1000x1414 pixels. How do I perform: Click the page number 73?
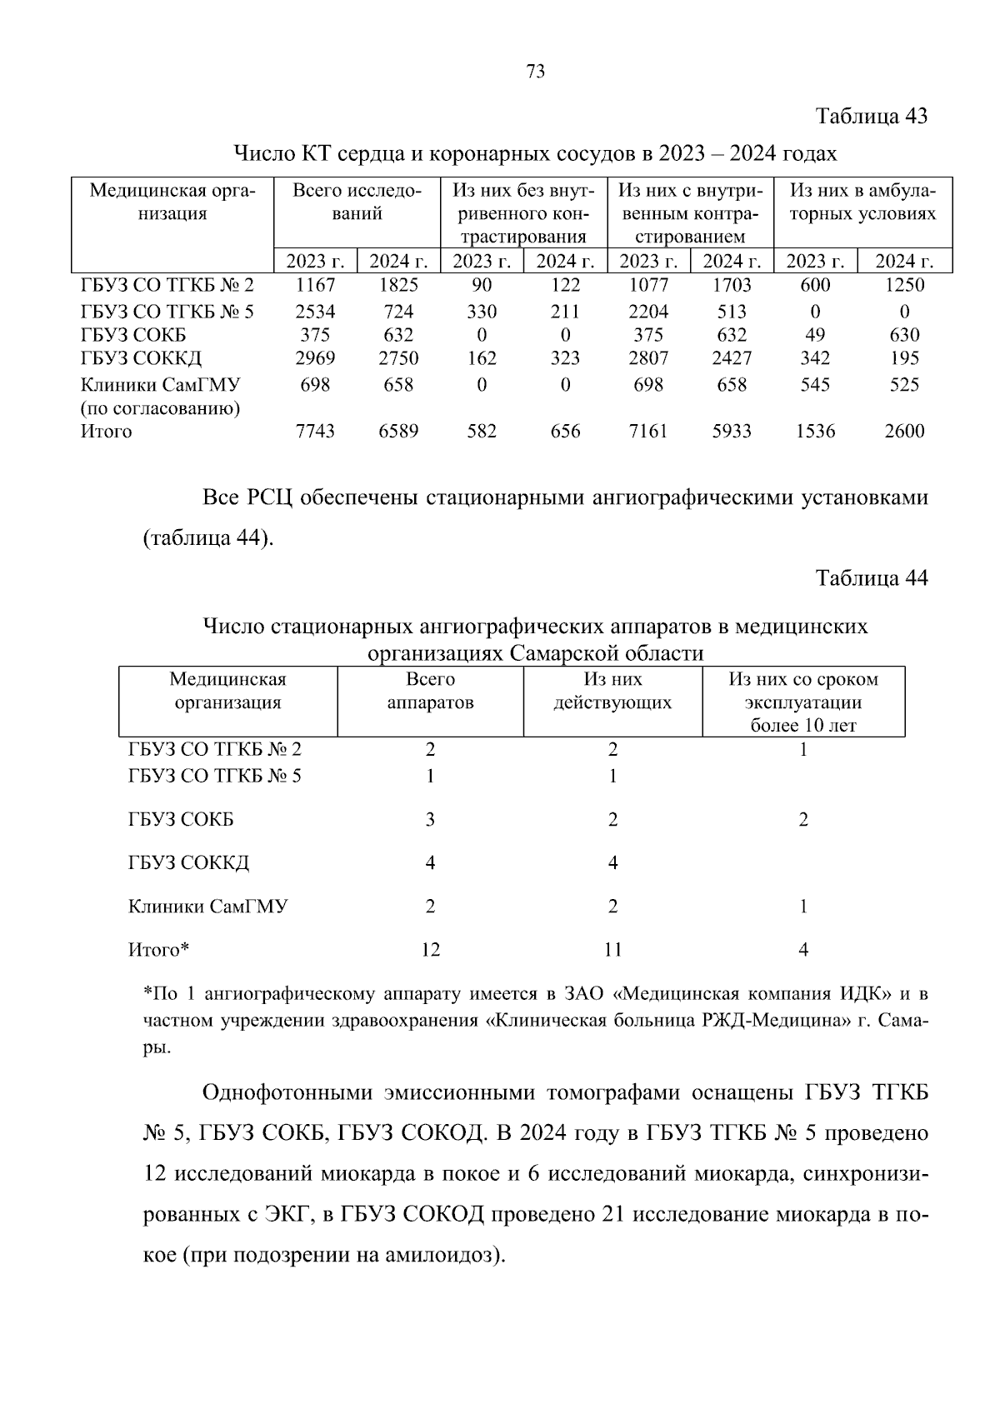[x=536, y=72]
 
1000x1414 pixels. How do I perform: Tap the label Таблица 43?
[x=872, y=116]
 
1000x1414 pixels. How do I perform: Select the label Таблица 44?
[x=872, y=578]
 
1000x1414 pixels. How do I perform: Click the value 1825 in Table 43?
[x=398, y=285]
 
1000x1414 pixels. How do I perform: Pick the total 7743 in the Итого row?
[x=315, y=432]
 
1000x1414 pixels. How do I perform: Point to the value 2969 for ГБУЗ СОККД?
[x=315, y=358]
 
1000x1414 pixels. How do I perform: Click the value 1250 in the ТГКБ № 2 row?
[x=904, y=285]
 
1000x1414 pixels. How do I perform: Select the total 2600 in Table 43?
[x=904, y=432]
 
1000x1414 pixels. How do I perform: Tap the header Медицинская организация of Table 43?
[x=172, y=202]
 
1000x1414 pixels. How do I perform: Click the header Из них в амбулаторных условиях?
[x=862, y=202]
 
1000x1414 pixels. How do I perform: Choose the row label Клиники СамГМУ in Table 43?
[x=161, y=385]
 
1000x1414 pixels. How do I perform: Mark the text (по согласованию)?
[x=161, y=409]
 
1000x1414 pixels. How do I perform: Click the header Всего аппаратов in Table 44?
[x=430, y=691]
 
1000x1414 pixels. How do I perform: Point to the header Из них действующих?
[x=612, y=691]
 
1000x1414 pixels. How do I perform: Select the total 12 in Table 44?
[x=430, y=950]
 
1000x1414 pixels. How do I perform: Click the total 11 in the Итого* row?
[x=612, y=950]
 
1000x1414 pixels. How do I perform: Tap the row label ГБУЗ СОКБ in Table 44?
[x=181, y=820]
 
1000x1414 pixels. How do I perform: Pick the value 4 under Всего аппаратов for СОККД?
[x=430, y=863]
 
